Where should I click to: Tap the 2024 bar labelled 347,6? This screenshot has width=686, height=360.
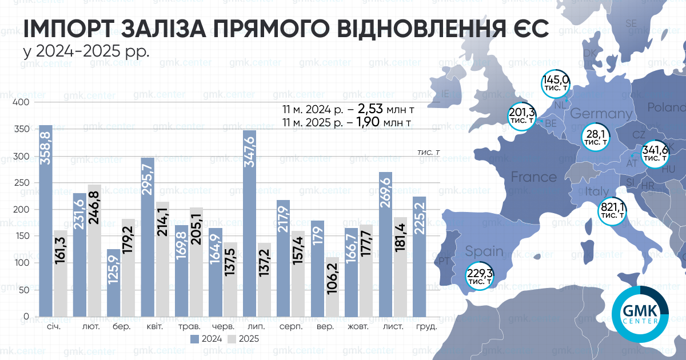pos(249,223)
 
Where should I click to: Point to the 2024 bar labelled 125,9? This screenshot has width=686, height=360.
pos(113,282)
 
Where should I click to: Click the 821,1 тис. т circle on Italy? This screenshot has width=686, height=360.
pos(612,211)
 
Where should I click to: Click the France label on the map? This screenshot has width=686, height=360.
pos(533,177)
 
